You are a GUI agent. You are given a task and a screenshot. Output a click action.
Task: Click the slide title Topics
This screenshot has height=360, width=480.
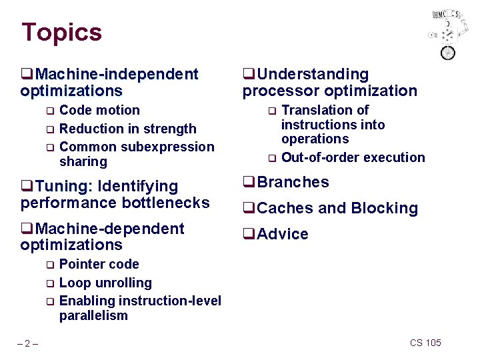tap(61, 32)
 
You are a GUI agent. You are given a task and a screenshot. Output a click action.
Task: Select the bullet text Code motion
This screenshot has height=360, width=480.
tap(99, 110)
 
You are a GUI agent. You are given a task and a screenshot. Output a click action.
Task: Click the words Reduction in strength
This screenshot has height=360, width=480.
tap(127, 129)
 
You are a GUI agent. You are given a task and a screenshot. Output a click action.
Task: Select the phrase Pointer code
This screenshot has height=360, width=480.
tap(99, 264)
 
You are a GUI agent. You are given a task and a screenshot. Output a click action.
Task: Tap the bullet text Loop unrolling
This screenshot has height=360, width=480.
tap(105, 283)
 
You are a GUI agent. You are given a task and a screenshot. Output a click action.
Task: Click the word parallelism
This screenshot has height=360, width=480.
tap(93, 315)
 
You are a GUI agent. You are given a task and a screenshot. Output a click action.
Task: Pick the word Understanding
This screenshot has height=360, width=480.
tap(313, 74)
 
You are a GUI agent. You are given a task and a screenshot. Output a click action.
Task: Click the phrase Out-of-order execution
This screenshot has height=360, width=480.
tap(353, 157)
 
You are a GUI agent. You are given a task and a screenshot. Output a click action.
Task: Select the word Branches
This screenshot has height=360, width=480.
tap(293, 182)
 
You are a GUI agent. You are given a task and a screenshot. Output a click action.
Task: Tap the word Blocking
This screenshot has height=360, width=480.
tap(387, 208)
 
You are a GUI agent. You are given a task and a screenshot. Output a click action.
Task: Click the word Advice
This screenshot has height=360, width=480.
tap(283, 234)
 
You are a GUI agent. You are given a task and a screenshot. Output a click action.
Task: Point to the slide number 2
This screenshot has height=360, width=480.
tap(27, 343)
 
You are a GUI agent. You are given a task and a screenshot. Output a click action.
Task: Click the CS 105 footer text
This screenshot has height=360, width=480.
tap(425, 343)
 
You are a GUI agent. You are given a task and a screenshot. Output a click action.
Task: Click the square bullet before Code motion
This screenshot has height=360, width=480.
tap(49, 111)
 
